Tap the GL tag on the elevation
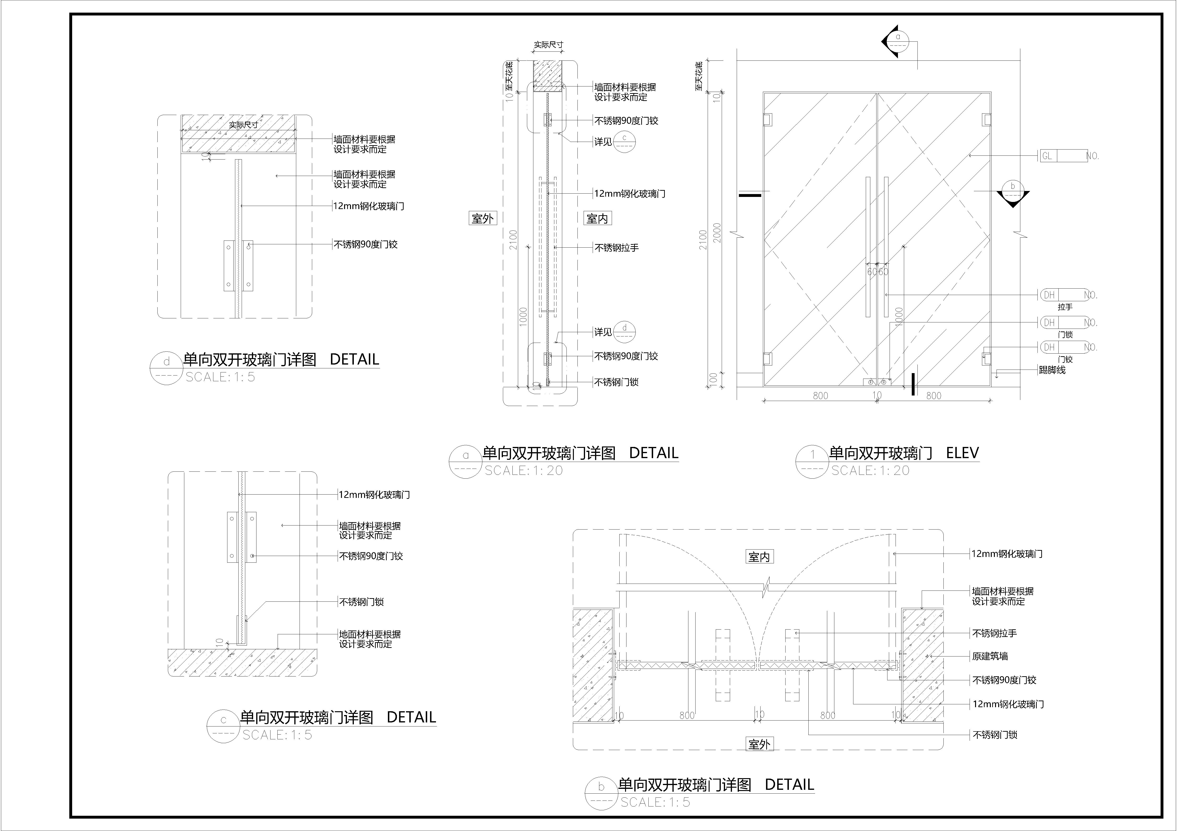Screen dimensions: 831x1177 point(1047,156)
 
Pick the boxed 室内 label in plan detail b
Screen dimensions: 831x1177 point(759,557)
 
